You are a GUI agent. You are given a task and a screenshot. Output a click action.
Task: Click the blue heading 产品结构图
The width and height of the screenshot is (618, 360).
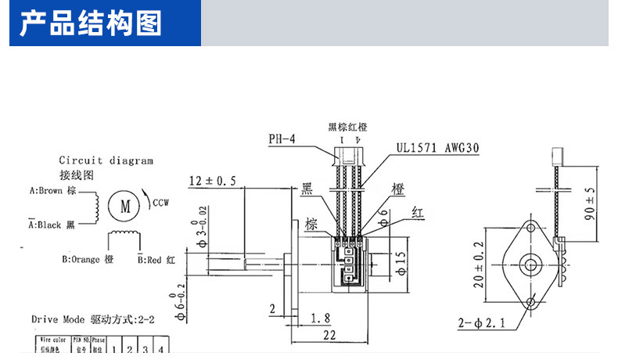[90, 23]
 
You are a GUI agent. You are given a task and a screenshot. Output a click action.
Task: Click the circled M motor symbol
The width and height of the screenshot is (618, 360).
[124, 206]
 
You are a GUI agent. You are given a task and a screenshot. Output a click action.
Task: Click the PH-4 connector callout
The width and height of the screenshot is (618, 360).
[282, 139]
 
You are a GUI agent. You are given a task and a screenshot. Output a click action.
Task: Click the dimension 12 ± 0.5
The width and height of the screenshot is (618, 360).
[212, 182]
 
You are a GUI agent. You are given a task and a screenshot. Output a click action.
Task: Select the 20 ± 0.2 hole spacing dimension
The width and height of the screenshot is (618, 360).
[478, 262]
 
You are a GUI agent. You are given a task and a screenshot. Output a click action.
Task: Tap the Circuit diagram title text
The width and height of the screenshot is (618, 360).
[106, 160]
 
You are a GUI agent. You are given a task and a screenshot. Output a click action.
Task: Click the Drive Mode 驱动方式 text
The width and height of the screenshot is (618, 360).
[98, 319]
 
